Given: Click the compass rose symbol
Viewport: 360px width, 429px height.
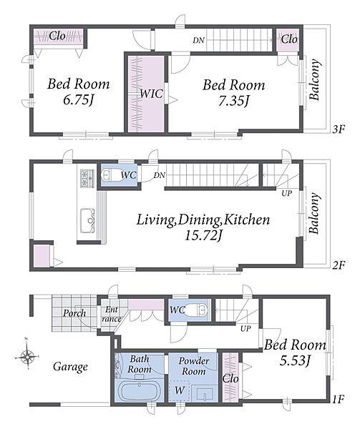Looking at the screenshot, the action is click(26, 356).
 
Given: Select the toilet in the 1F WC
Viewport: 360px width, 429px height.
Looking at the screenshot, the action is click(196, 310).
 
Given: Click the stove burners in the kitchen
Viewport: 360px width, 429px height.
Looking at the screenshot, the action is click(87, 179).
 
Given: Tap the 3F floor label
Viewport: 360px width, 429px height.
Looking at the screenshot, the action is click(338, 129).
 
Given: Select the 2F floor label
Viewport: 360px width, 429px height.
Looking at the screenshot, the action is click(338, 265).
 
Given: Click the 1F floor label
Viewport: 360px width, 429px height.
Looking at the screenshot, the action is click(338, 400).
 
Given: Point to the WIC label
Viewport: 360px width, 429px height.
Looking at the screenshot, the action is click(152, 94).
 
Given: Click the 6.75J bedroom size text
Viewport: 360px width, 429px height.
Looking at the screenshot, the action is click(79, 100).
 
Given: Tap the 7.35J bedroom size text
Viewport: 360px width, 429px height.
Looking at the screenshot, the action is click(233, 102).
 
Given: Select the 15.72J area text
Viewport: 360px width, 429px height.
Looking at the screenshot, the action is click(203, 235).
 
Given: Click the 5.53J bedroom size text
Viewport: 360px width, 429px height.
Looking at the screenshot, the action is click(294, 360).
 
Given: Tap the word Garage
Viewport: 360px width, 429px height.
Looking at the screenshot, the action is click(70, 367).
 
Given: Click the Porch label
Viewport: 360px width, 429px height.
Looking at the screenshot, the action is click(74, 313).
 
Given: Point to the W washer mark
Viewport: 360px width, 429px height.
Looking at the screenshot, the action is click(180, 390).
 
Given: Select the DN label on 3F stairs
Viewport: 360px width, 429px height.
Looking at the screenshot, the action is click(198, 40).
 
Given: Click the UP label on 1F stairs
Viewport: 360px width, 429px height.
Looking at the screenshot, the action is click(245, 329).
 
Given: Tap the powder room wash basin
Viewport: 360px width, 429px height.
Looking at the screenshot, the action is click(205, 393).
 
